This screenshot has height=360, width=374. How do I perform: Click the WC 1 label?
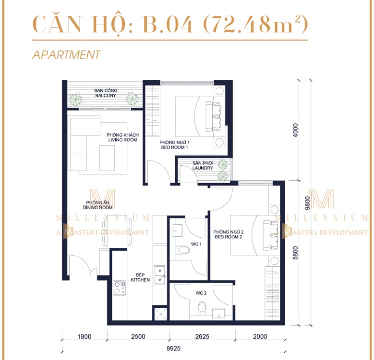(196, 245)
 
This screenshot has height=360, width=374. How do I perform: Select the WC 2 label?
(200, 293)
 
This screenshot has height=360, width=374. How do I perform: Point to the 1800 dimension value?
(84, 336)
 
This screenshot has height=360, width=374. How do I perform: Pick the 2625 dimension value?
(202, 336)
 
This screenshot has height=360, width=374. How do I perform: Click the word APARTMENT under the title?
(66, 55)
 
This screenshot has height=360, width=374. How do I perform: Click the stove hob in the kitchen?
(118, 287)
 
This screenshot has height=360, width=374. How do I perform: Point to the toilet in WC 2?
(202, 308)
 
